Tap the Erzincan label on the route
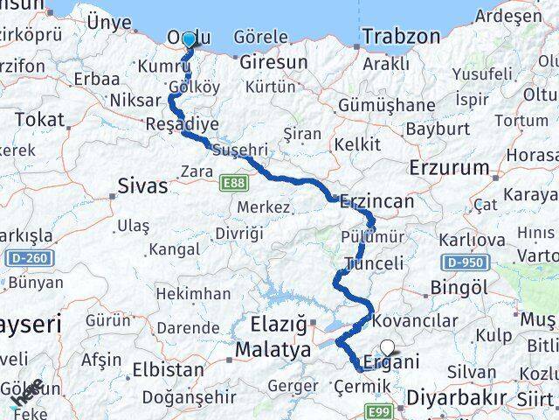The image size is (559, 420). pos(376,200)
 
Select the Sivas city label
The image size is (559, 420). pos(141,185)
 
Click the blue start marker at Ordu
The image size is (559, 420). pos(188,39)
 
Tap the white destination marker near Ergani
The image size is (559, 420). pos(387,347)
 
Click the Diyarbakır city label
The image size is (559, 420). pos(455,397)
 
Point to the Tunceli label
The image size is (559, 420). pos(374,263)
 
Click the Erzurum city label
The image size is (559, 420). pos(449,166)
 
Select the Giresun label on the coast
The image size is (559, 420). pos(273,63)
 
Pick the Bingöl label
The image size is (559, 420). pos(459,287)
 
